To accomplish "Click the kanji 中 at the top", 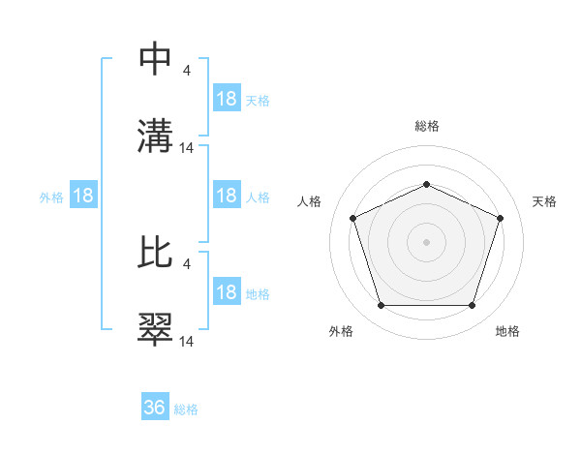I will [156, 60].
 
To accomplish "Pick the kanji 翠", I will [156, 329].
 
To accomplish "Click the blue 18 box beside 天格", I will [227, 99].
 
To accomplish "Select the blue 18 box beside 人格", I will [227, 196].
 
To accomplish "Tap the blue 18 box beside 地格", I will [227, 292].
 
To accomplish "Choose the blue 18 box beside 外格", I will [83, 196].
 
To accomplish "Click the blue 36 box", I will [155, 408].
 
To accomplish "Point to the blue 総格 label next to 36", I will [186, 409].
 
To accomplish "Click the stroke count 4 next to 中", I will [187, 70].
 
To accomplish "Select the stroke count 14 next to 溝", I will [187, 147].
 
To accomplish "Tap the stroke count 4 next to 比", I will [187, 263].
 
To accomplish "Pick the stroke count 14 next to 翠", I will [187, 341].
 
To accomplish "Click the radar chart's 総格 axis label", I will [427, 126].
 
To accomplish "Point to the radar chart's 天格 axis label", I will [544, 201].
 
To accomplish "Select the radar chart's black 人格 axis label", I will [310, 201].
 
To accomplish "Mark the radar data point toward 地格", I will [472, 306].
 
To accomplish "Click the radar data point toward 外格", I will [381, 306].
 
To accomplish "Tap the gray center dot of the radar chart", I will [426, 242].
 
